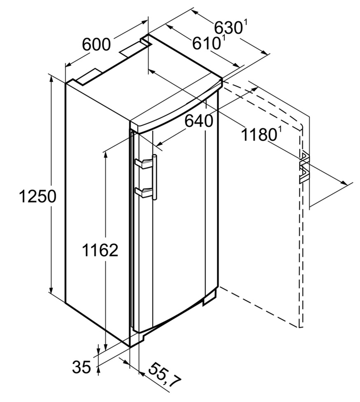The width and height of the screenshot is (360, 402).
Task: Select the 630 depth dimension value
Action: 226,26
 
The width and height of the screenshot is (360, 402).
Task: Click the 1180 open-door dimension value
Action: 258,134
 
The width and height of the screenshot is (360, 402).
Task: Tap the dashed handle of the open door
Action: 304,166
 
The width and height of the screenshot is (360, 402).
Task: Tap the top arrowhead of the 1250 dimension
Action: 51,78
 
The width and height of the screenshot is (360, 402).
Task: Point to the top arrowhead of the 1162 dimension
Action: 105,152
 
